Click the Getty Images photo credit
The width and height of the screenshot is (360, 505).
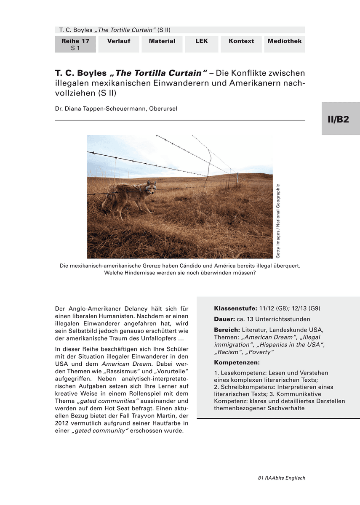click(x=278, y=221)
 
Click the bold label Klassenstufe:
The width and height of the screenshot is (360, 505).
click(x=235, y=308)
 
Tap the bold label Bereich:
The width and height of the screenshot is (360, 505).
click(x=227, y=330)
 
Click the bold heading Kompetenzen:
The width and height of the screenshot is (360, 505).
click(x=237, y=362)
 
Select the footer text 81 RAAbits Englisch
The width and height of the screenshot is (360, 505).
click(x=281, y=478)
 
